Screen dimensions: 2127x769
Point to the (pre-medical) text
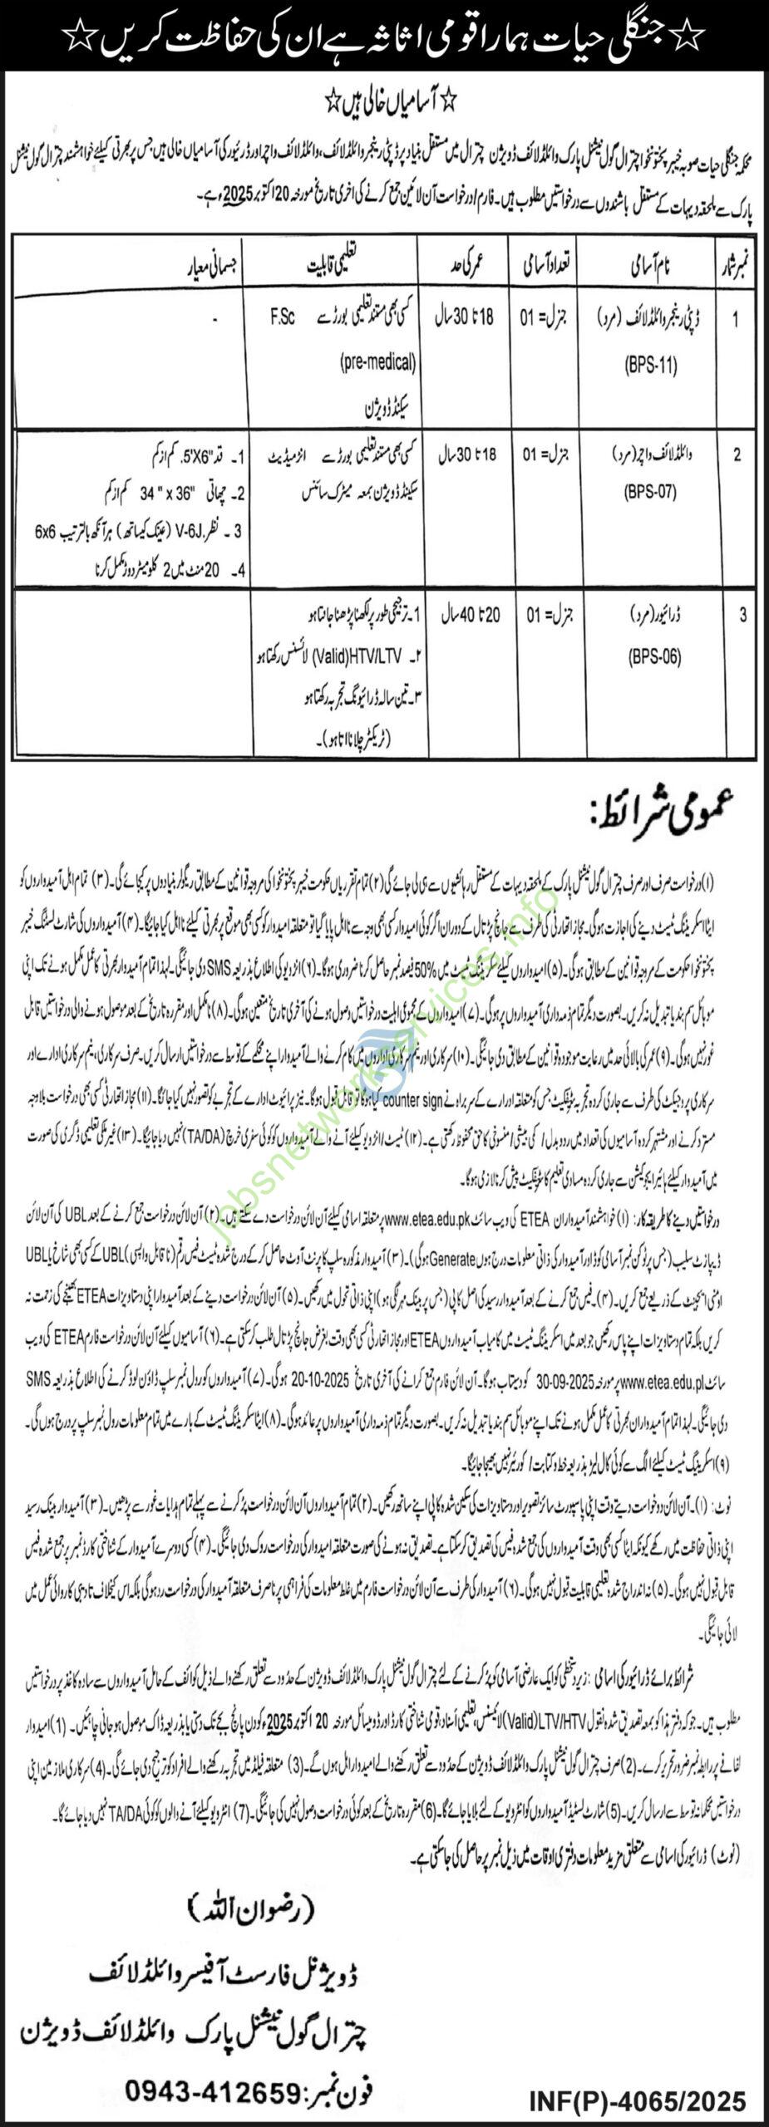click(378, 362)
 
